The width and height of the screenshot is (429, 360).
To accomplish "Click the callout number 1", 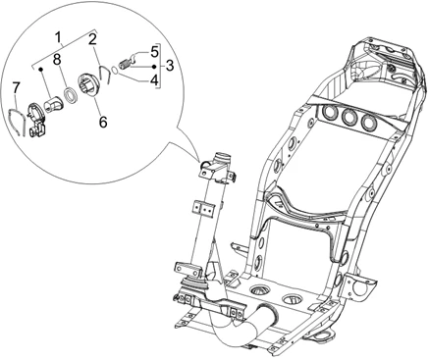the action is tap(59, 37).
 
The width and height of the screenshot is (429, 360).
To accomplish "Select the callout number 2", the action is tap(92, 39).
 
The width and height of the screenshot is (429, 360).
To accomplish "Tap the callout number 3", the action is tap(169, 66).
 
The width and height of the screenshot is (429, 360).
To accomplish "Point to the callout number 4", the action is tap(154, 79).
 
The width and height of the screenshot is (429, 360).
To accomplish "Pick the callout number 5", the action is tap(154, 51).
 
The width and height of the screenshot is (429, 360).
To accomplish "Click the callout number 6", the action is tap(103, 123).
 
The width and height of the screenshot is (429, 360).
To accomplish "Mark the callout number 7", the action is tap(16, 87).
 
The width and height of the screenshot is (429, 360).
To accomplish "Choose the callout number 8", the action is tap(57, 60).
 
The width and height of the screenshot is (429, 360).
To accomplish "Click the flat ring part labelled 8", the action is tap(70, 94).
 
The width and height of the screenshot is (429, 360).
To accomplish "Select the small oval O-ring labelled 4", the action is tap(114, 70).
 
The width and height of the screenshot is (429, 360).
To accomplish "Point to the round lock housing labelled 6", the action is tap(87, 84).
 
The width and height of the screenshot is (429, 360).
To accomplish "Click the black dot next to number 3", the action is tap(154, 67).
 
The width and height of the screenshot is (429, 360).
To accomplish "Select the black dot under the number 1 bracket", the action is tap(41, 69).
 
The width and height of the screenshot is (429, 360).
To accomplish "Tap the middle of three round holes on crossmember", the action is tap(349, 117).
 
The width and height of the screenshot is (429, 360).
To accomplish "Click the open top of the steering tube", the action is tap(222, 155).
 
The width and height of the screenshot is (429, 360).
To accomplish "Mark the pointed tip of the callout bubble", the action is tap(199, 161).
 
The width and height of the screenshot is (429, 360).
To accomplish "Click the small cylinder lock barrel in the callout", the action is tap(52, 104).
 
